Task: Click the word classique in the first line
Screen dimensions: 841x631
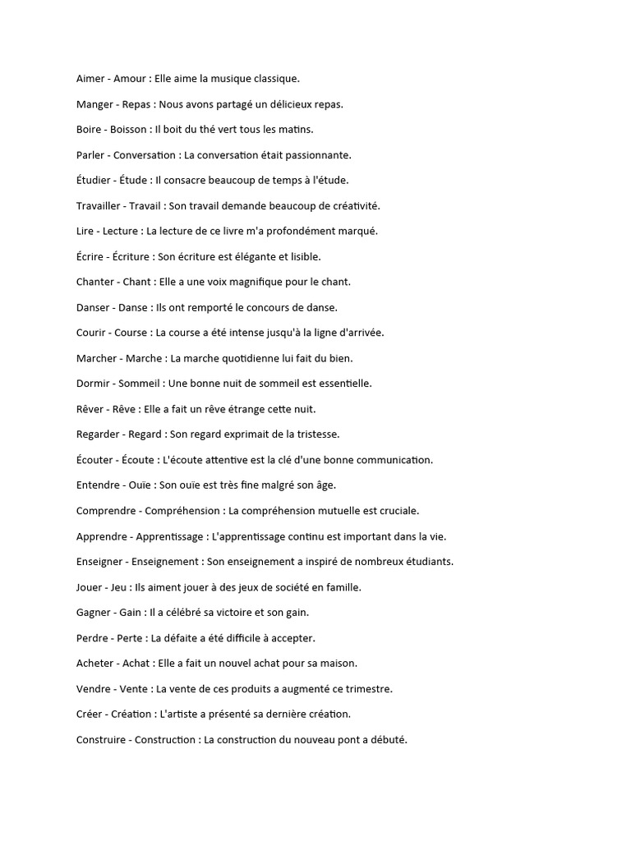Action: [x=274, y=79]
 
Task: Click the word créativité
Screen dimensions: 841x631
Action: [x=352, y=205]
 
